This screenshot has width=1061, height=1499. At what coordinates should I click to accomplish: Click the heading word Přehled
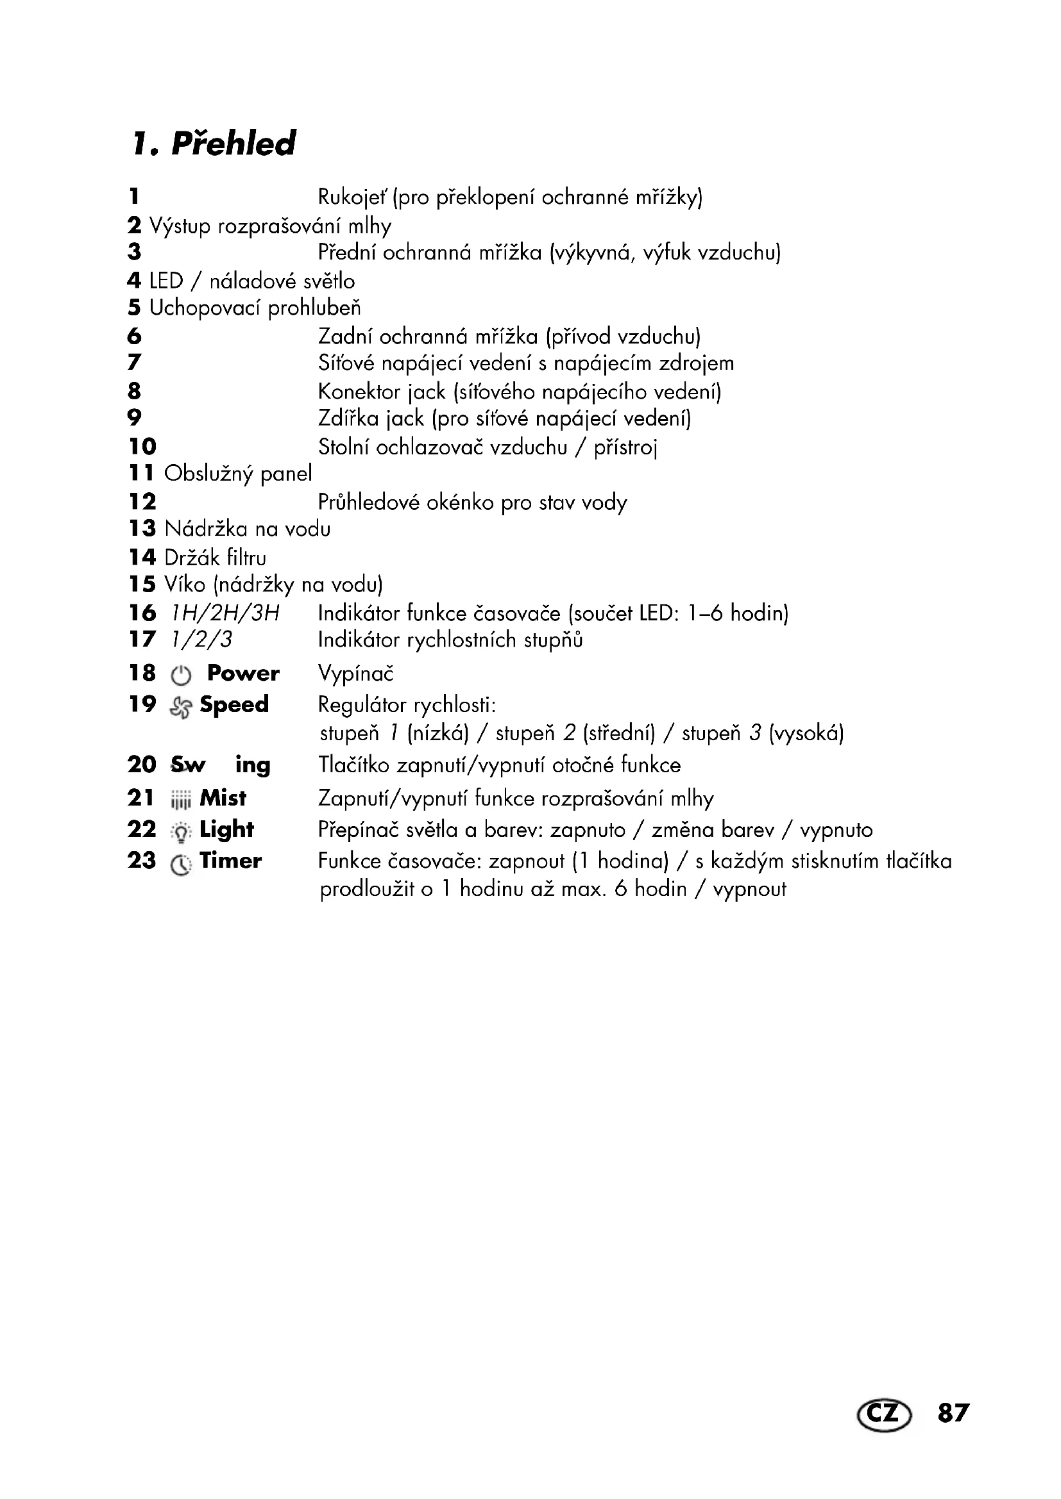[233, 144]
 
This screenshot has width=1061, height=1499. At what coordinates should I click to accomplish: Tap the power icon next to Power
[181, 675]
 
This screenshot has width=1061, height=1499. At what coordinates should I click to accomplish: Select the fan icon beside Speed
[181, 706]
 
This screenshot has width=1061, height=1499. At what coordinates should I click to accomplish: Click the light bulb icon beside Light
[181, 832]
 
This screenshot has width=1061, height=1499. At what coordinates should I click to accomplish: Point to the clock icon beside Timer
[181, 865]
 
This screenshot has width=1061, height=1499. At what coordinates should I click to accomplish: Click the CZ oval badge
[884, 1414]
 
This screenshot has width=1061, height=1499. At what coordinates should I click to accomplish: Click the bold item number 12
[142, 501]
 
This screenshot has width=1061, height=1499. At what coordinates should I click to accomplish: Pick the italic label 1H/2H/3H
[225, 613]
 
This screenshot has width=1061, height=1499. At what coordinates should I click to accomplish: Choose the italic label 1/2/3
[201, 639]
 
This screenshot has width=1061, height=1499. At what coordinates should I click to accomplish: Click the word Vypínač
[355, 674]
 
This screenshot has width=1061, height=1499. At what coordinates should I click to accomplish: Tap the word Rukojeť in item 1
[352, 197]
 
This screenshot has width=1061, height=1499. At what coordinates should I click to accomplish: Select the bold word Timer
[230, 861]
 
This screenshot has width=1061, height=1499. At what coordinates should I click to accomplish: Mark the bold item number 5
[134, 307]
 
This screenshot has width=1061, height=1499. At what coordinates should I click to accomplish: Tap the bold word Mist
[223, 797]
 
